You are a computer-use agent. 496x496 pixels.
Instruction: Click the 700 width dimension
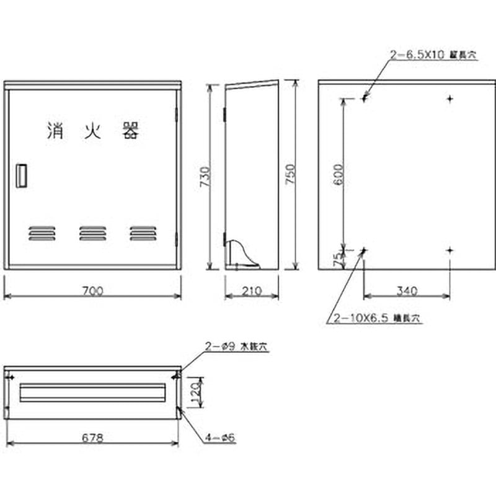click(x=92, y=290)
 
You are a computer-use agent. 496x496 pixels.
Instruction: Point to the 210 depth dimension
click(x=251, y=290)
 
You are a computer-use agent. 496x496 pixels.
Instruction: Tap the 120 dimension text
click(x=195, y=392)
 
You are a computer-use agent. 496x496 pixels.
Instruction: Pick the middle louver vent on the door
click(x=92, y=232)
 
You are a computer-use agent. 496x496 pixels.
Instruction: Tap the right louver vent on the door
click(x=143, y=232)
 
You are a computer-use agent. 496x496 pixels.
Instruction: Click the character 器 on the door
click(x=130, y=130)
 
